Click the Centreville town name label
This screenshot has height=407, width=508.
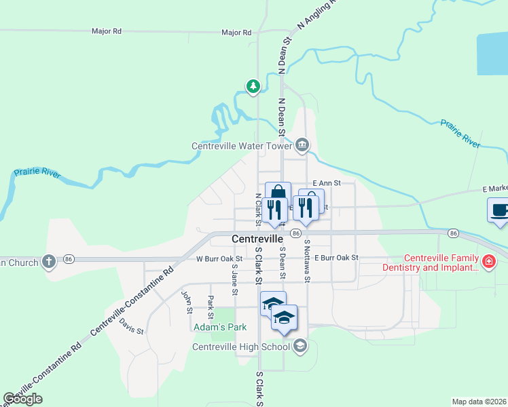pos(257,239)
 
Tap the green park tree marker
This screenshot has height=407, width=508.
pos(253,86)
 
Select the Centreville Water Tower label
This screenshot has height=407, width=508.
pos(242,145)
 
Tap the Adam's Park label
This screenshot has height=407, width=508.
pos(219,327)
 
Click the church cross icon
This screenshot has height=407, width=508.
pos(48,260)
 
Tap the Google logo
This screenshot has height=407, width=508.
pos(23,399)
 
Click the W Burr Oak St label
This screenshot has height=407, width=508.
pos(219,258)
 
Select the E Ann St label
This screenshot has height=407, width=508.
pos(325,183)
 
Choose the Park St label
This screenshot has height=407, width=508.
pos(211,307)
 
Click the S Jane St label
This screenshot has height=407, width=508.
pos(234,279)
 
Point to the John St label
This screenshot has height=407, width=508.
pos(186,302)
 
